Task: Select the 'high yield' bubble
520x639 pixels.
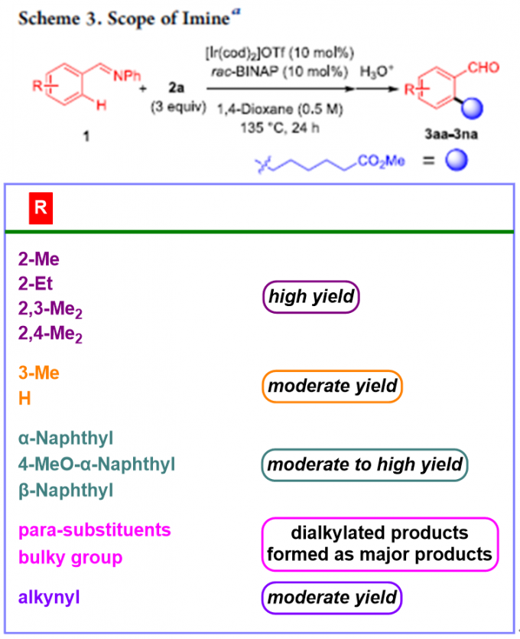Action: [x=310, y=296]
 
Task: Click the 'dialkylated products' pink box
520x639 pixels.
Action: [x=379, y=543]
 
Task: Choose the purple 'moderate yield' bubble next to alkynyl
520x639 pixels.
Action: [x=331, y=596]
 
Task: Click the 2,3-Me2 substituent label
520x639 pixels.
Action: [x=50, y=309]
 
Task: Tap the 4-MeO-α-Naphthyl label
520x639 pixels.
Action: [x=96, y=464]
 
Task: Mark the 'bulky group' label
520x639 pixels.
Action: [x=70, y=557]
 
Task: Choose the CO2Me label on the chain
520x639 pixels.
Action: [x=380, y=163]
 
